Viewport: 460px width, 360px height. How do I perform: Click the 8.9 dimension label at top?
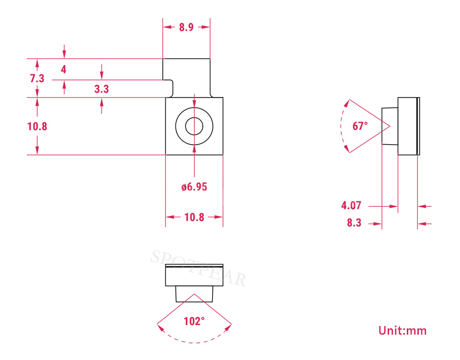(186, 27)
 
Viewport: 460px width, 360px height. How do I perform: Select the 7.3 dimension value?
(37, 79)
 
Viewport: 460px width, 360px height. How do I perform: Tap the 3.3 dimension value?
(102, 89)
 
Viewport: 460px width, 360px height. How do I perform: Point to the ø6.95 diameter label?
(194, 187)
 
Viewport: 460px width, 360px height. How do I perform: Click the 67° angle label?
(360, 126)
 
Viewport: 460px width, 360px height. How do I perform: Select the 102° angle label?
(194, 321)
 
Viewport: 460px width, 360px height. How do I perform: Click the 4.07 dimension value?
(351, 205)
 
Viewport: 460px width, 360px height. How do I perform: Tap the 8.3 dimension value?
(354, 223)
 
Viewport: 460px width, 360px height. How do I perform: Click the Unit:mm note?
(402, 331)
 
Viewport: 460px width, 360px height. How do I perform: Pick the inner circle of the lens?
(186, 126)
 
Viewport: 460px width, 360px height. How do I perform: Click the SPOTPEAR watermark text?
(198, 269)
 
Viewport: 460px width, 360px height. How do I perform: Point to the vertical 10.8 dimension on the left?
(37, 127)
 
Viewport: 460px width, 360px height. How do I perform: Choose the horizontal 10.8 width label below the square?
(194, 217)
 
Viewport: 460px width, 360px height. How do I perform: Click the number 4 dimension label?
(64, 69)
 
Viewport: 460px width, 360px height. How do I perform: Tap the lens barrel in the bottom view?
(194, 294)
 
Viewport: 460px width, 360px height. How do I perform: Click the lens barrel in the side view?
(390, 126)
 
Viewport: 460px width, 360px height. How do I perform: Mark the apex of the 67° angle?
(390, 126)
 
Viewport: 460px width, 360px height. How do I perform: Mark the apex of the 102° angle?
(194, 294)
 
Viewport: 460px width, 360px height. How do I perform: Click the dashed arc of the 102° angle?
(194, 342)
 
